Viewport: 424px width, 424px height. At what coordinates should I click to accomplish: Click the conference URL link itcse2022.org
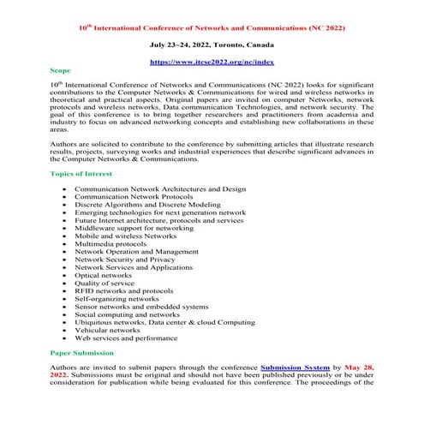click(x=212, y=62)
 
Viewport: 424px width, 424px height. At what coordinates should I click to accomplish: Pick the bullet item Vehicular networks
click(x=107, y=329)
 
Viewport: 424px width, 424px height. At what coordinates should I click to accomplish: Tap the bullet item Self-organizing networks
click(x=116, y=298)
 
